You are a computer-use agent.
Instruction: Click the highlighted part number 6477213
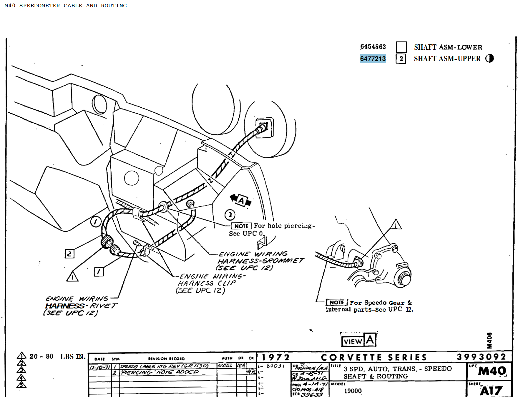373,59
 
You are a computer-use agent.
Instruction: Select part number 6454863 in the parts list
373,47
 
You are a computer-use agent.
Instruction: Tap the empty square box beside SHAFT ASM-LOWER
401,47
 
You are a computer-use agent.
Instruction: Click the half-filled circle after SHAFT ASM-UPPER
489,58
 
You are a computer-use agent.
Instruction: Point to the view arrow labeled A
241,201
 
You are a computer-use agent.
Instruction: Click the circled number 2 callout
230,215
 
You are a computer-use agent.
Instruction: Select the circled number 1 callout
96,221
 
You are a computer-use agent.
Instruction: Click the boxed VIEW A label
358,341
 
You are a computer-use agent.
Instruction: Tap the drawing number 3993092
481,357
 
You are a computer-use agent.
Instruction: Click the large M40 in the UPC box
492,371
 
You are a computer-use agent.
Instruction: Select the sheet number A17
491,391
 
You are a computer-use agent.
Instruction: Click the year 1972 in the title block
276,357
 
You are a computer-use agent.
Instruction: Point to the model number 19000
353,391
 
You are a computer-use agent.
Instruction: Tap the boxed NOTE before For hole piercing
241,226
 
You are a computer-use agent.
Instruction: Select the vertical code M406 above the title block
489,340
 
